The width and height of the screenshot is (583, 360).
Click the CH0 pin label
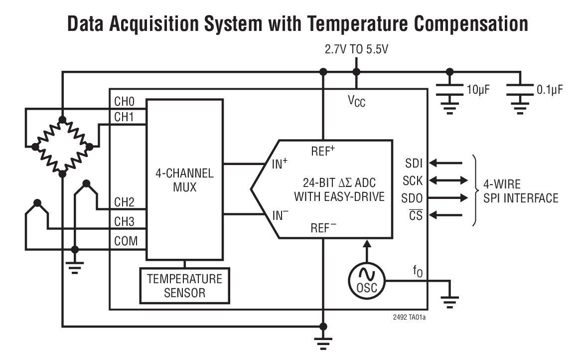(125, 102)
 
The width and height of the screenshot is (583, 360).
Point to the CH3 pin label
(125, 221)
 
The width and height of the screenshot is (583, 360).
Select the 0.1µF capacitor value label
(550, 90)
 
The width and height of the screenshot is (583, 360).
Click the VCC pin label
(356, 102)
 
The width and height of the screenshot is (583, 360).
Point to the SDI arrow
(445, 163)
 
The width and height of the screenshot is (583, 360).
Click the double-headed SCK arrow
(448, 180)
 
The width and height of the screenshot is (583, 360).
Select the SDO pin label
(412, 198)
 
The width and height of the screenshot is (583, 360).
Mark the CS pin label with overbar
(416, 215)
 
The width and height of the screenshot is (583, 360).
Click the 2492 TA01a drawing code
(406, 316)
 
